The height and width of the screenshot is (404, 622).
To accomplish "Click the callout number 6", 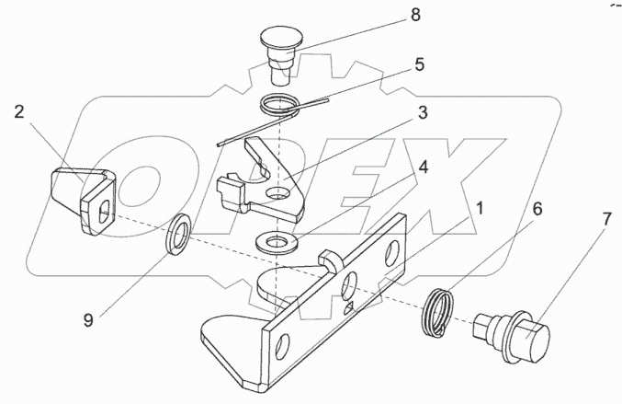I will point(537,209).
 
